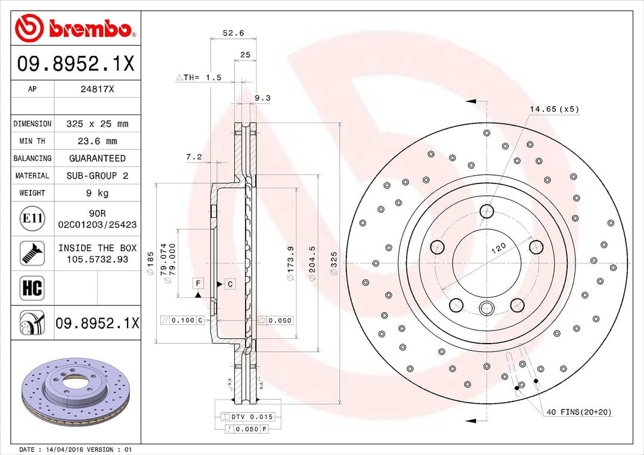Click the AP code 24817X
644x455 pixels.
[97, 89]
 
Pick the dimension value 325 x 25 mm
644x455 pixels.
[97, 124]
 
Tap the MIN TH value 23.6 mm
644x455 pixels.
[97, 141]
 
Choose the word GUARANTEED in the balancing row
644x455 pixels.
[97, 158]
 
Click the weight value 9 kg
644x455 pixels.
[97, 193]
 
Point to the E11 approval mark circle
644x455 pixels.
[32, 219]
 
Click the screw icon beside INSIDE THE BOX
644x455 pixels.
[32, 253]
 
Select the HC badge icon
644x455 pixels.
[32, 288]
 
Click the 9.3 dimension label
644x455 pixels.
[262, 98]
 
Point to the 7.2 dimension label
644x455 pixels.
[194, 157]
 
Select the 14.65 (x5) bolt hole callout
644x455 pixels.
[554, 109]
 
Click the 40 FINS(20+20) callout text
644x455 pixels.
[578, 412]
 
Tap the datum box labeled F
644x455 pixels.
[197, 283]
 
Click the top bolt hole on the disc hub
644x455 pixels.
[487, 211]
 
